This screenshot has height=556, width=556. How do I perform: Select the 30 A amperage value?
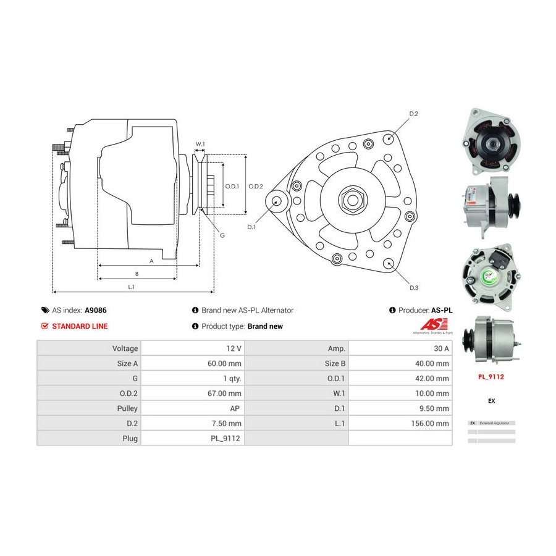coord(441,348)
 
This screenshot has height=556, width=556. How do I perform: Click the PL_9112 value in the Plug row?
coord(226,438)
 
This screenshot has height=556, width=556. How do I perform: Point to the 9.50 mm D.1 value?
coord(436,408)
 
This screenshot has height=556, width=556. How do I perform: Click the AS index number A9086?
coord(95,311)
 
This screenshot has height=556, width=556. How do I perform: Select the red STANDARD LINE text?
coord(80,326)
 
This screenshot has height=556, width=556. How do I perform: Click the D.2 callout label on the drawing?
coord(414,114)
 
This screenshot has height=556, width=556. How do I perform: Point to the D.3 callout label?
coord(414,288)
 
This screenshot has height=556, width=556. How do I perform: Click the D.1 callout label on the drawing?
coord(251,227)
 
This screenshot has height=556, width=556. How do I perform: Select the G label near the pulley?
coord(222,235)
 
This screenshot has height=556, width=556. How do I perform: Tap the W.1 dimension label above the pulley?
coord(200,145)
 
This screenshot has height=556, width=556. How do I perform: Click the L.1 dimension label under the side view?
coord(131,287)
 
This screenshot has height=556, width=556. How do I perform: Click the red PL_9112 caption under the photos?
coord(491,375)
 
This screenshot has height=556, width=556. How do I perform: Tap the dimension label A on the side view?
coord(151,261)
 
